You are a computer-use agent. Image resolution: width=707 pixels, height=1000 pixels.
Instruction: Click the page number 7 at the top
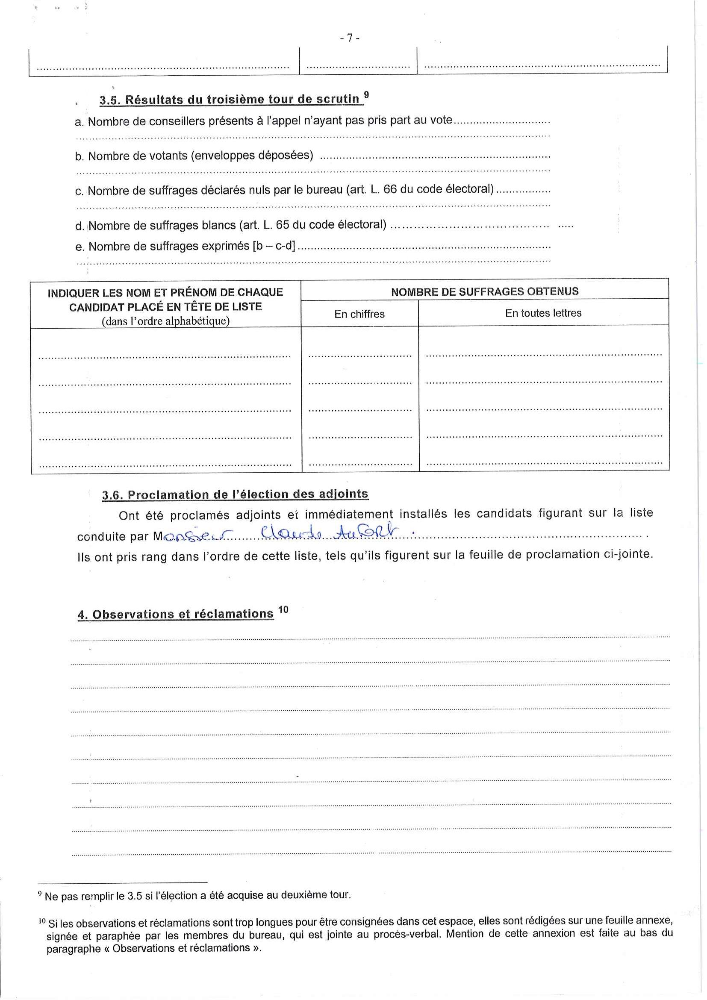point(349,38)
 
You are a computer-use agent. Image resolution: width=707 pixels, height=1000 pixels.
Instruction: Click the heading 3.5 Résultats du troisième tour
point(230,100)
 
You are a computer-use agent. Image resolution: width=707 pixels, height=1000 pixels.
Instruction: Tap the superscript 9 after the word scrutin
point(366,94)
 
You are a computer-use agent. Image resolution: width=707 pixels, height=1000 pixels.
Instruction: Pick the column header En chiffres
point(359,314)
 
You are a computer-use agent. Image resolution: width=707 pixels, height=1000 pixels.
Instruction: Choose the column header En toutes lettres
point(543,313)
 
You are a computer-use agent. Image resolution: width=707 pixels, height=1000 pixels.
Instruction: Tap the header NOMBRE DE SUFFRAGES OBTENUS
point(484,292)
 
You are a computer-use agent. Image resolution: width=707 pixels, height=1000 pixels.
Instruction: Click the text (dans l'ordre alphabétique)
point(165,321)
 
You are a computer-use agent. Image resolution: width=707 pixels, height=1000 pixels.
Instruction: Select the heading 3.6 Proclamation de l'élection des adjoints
point(235,495)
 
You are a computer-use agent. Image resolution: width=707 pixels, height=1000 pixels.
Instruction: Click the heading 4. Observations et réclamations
point(176,614)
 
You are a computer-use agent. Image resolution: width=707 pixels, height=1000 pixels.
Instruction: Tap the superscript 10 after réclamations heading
point(283,610)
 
